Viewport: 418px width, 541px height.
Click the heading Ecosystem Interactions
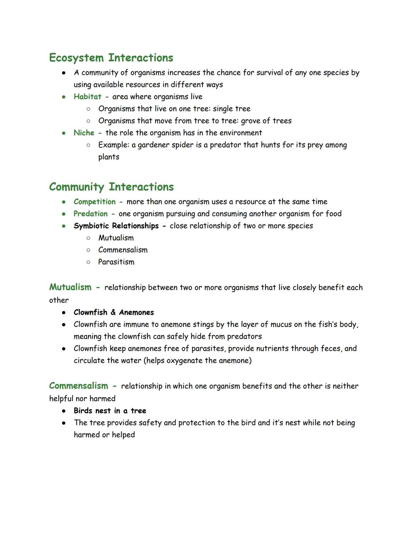[x=111, y=58]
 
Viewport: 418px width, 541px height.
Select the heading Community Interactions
[x=111, y=187]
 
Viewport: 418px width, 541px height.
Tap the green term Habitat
[x=87, y=97]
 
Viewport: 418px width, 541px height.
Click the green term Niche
[x=84, y=133]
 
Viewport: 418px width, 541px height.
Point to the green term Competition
[x=94, y=202]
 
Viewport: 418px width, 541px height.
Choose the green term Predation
[x=91, y=214]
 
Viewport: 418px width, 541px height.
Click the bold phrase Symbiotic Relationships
[x=116, y=226]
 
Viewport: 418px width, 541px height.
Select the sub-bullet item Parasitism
[x=116, y=262]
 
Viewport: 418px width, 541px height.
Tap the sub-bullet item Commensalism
[x=123, y=250]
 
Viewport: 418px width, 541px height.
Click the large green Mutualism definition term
[x=70, y=287]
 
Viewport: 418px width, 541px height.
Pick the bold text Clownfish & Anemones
[x=114, y=313]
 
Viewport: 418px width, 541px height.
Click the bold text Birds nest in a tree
[x=110, y=411]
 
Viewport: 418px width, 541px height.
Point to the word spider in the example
[x=167, y=145]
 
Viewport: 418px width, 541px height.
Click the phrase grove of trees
[x=266, y=121]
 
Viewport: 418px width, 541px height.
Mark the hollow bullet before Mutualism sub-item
[x=88, y=238]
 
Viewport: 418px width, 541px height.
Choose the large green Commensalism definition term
[x=79, y=386]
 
